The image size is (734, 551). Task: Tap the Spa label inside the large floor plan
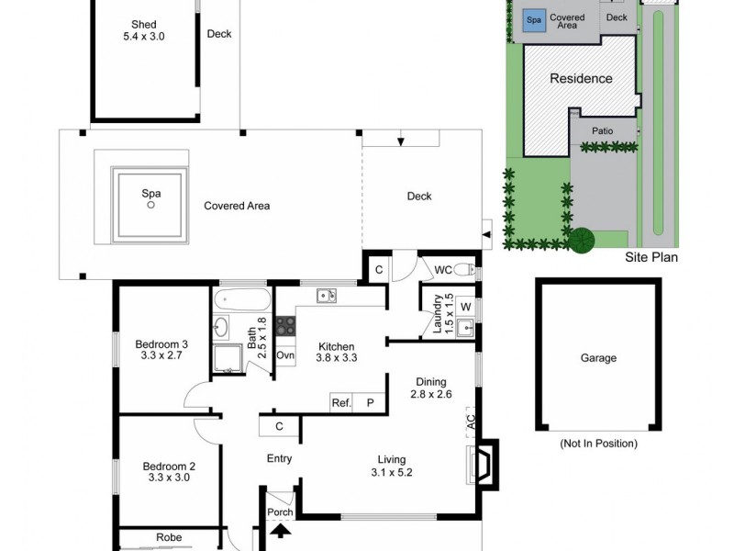pyautogui.click(x=150, y=195)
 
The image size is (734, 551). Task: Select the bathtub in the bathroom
pyautogui.click(x=241, y=299)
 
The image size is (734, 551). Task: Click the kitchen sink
pyautogui.click(x=326, y=296)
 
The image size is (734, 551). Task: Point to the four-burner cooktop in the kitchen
pyautogui.click(x=285, y=325)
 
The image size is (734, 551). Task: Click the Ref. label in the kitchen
pyautogui.click(x=342, y=402)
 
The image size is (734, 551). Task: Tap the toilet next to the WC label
pyautogui.click(x=465, y=269)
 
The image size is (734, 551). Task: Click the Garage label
pyautogui.click(x=598, y=358)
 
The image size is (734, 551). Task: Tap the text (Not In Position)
pyautogui.click(x=598, y=444)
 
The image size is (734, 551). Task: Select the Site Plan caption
pyautogui.click(x=651, y=258)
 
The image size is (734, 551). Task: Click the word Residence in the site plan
pyautogui.click(x=581, y=79)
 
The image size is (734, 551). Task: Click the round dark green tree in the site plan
pyautogui.click(x=581, y=241)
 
